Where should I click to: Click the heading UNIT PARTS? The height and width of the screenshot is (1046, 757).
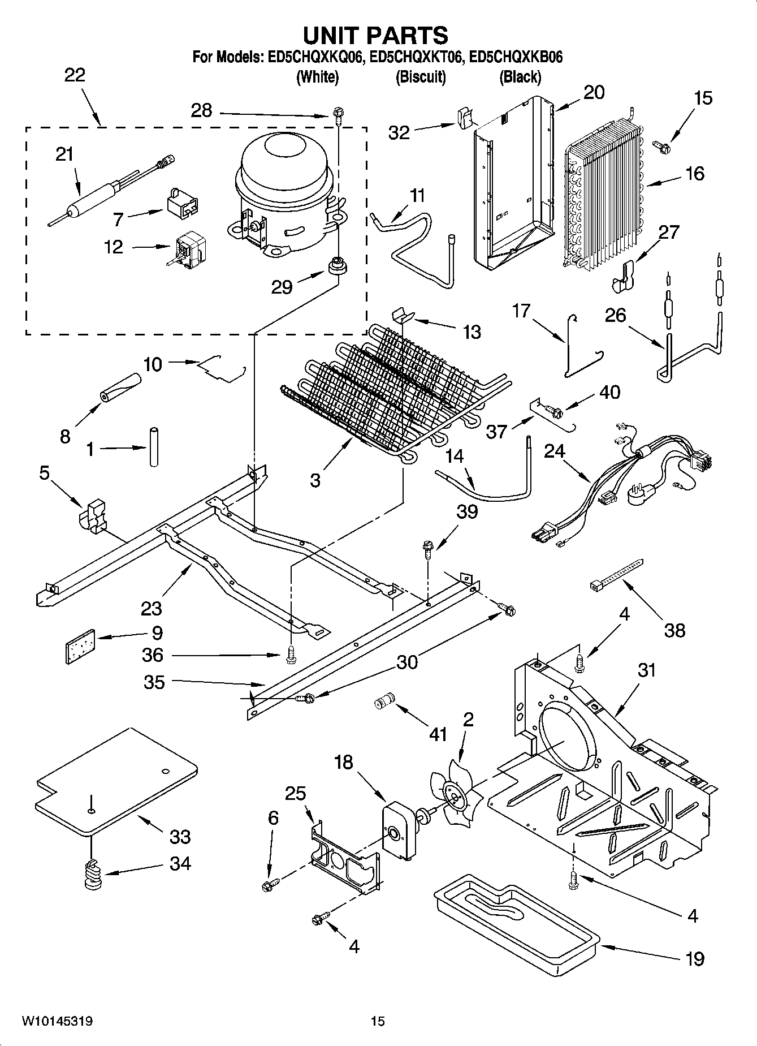(375, 35)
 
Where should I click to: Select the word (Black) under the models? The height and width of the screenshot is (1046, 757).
(520, 77)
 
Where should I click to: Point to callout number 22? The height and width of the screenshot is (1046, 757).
(75, 75)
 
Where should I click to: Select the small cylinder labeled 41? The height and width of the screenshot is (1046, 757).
(383, 702)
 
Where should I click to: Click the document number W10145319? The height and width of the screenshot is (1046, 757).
(57, 1022)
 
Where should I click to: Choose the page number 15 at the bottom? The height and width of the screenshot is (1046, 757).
(378, 1022)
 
